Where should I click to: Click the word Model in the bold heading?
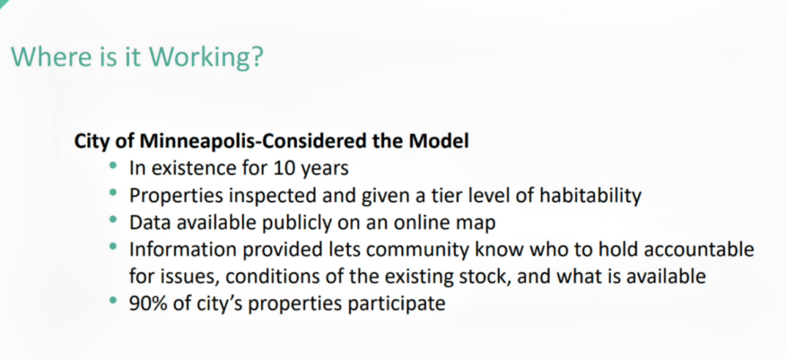440,142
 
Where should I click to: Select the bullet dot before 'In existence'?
114,166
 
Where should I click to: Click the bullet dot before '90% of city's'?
114,300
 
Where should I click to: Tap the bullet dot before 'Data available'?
114,220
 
